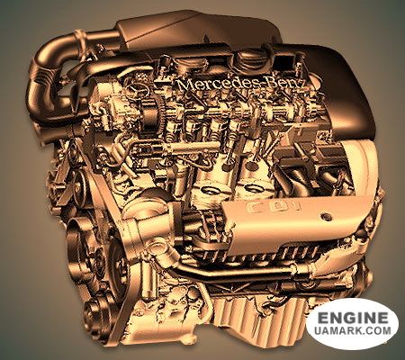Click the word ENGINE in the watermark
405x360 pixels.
[353, 318]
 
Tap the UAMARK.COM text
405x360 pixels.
[353, 330]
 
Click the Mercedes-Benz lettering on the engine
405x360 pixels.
[241, 84]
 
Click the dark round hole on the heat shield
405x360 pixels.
[326, 217]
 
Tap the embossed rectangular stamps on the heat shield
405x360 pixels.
[273, 206]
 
